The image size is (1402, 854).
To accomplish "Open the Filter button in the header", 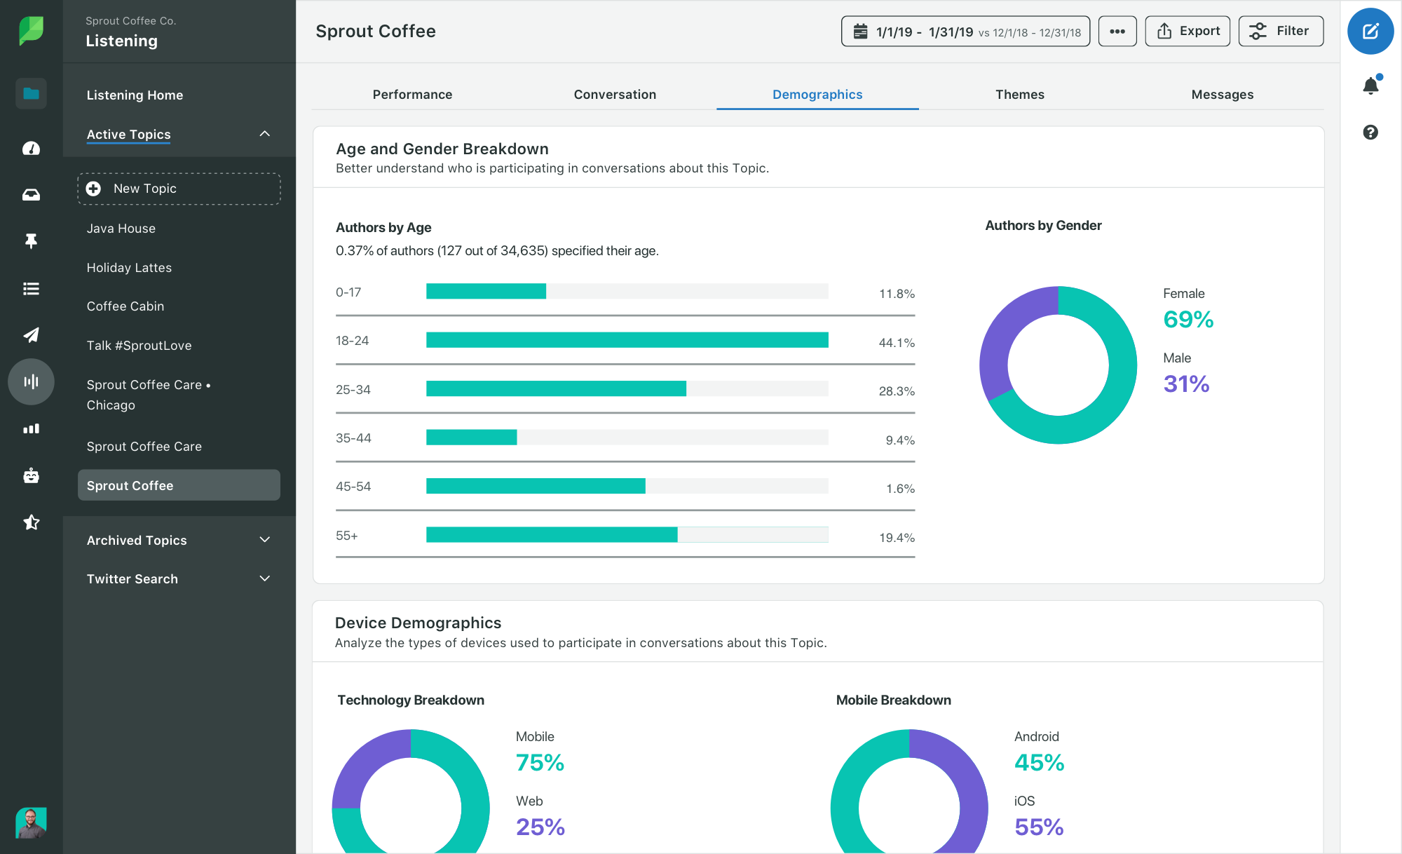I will point(1281,32).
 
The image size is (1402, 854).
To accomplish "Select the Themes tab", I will point(1019,95).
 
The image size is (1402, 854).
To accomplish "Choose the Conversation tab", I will point(615,95).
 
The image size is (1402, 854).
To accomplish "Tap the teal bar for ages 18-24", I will point(627,340).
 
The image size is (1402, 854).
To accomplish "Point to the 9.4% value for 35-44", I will point(899,440).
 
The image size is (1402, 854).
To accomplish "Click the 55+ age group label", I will point(347,536).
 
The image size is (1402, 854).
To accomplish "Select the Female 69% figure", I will point(1188,320).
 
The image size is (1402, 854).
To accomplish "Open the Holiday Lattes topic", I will point(129,268).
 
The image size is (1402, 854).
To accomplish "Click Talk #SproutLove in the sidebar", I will point(139,346).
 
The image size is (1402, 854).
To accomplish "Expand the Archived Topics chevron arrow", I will point(264,540).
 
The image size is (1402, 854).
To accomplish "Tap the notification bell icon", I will point(1370,86).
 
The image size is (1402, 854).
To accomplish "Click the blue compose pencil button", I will point(1370,32).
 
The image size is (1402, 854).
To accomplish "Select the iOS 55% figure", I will point(1039,827).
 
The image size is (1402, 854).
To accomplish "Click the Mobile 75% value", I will point(540,763).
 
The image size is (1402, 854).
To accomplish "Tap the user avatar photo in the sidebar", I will point(31,822).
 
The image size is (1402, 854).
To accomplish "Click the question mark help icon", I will point(1370,133).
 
